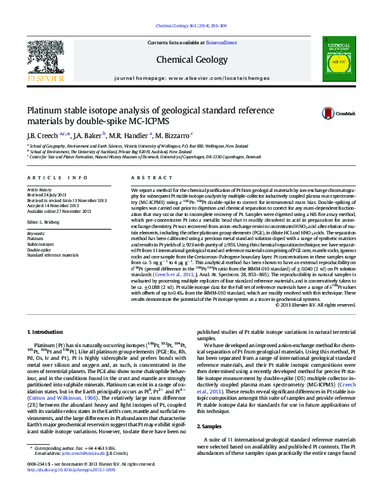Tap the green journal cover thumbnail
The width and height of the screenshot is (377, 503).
tap(336, 59)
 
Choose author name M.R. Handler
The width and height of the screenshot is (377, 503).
tap(127, 135)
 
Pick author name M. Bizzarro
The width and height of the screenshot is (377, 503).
tap(172, 135)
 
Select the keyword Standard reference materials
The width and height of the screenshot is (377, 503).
tap(53, 255)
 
